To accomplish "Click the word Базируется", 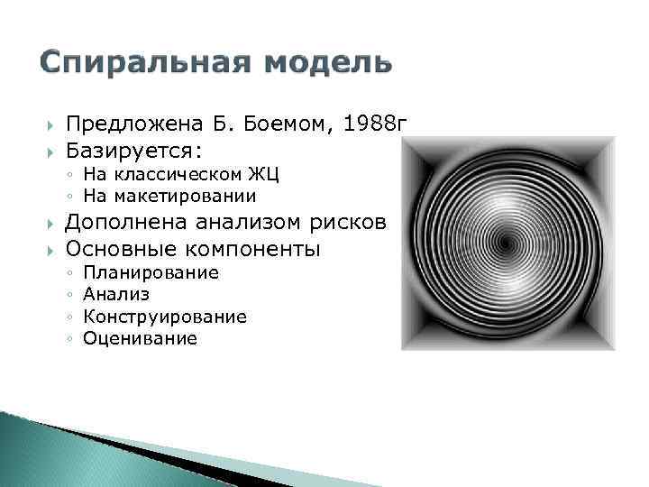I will point(125,148).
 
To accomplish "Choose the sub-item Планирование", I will point(151,273).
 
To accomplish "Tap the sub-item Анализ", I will point(116,295).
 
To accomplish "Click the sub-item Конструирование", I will point(165,317).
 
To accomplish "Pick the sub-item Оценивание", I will point(140,339).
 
